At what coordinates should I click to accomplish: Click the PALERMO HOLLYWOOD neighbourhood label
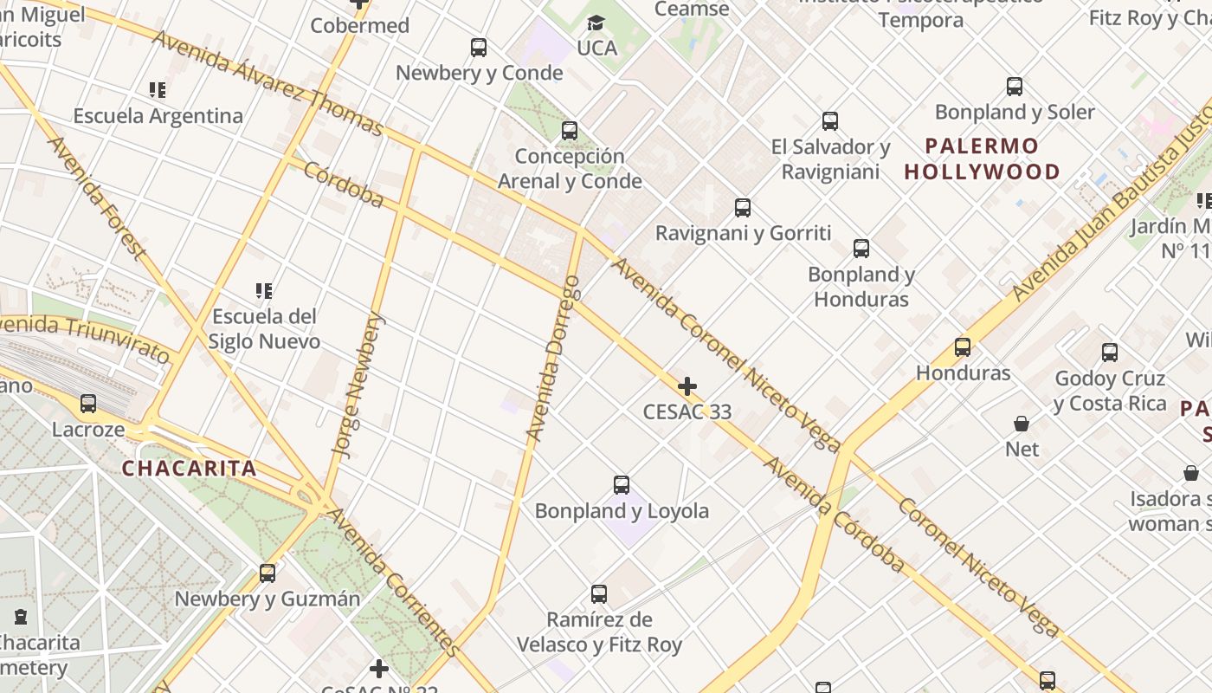[x=982, y=159]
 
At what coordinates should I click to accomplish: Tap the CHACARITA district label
[x=189, y=469]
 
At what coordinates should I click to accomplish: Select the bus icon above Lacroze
[x=88, y=404]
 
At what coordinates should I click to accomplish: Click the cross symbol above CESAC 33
[x=687, y=385]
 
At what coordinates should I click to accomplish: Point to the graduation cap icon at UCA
[x=596, y=23]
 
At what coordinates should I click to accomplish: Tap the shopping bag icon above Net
[x=1022, y=424]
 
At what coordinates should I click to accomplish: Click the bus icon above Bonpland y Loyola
[x=621, y=485]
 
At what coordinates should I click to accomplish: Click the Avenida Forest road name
[x=94, y=198]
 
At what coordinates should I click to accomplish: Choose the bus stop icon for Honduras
[x=962, y=347]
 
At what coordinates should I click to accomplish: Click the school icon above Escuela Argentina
[x=157, y=90]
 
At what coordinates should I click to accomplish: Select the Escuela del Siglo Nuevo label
[x=264, y=328]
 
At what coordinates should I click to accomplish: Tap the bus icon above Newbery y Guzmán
[x=268, y=573]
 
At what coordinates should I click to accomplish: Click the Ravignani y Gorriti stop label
[x=743, y=233]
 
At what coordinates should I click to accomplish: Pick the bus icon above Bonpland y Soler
[x=1015, y=87]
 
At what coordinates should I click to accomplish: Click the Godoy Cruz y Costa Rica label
[x=1109, y=391]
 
